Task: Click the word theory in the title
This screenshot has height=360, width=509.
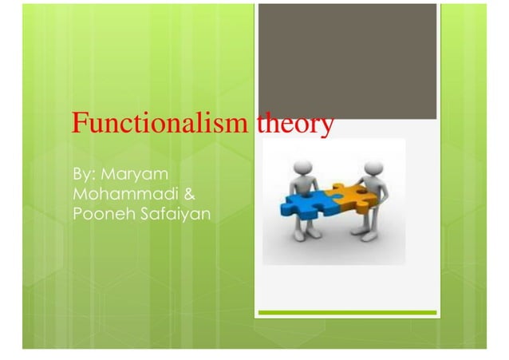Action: tap(294, 126)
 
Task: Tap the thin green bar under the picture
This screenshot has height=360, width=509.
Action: tap(347, 313)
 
